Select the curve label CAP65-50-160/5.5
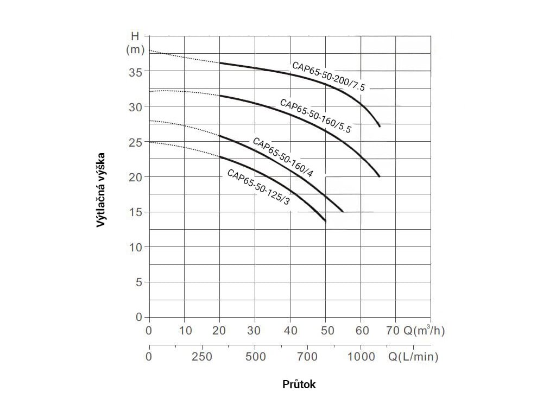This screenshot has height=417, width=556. tap(316, 116)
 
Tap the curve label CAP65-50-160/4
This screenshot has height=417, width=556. tap(283, 157)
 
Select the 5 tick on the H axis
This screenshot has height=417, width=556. tap(138, 282)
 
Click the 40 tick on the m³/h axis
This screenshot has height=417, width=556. tap(290, 331)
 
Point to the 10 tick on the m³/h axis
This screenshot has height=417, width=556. tap(185, 331)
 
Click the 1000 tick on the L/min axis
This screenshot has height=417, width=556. tap(361, 357)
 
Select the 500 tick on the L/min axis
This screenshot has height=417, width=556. tap(256, 357)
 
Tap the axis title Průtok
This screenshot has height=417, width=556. tap(299, 384)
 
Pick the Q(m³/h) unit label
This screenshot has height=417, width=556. tap(424, 331)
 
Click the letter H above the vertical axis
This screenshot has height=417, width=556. tap(135, 37)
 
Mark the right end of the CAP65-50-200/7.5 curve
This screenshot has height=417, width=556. tap(380, 126)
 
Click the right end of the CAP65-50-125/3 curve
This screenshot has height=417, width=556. tap(325, 221)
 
